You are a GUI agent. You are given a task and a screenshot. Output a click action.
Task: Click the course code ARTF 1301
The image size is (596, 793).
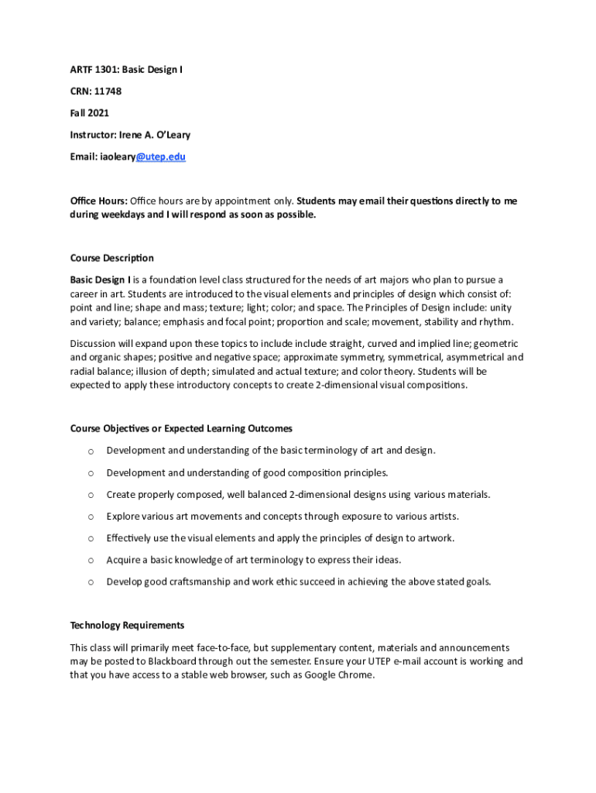(97, 70)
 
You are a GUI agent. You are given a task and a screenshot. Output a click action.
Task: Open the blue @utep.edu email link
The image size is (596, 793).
(161, 156)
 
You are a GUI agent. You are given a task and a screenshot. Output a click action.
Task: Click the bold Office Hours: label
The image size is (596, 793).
(98, 201)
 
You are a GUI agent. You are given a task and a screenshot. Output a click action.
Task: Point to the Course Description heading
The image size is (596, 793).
(111, 258)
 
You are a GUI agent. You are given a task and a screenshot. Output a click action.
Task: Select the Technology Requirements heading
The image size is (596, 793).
(127, 625)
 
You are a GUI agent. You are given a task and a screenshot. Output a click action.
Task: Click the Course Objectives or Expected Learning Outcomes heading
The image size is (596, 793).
(181, 428)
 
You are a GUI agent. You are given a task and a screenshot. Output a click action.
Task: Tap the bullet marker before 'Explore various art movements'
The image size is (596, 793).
(91, 517)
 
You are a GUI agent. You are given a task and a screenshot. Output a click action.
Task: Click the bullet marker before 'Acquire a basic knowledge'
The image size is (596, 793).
(91, 561)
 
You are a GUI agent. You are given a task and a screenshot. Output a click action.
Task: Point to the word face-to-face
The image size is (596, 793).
(224, 647)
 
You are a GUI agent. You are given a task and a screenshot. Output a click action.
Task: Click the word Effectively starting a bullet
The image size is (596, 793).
(130, 538)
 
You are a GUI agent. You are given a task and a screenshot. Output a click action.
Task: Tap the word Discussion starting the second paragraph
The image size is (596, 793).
(95, 343)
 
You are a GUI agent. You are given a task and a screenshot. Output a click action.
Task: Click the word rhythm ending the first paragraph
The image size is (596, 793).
(496, 322)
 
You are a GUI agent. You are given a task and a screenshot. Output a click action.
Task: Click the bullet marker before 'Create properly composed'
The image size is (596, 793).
(91, 495)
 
